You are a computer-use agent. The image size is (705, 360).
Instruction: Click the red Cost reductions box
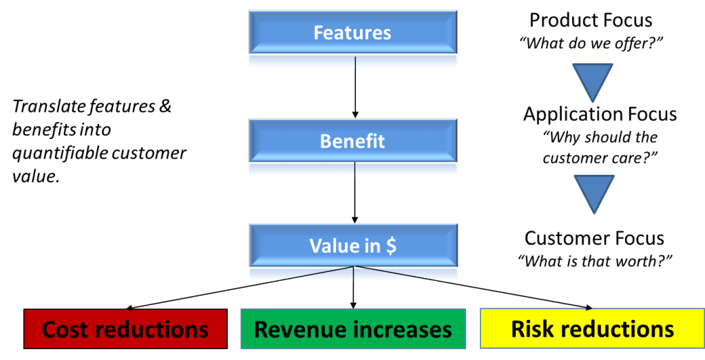pyautogui.click(x=125, y=329)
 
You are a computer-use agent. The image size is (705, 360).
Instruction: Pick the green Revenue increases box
pyautogui.click(x=352, y=329)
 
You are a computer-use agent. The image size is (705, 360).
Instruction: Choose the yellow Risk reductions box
pyautogui.click(x=592, y=329)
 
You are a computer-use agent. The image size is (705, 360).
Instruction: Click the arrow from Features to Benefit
pyautogui.click(x=354, y=89)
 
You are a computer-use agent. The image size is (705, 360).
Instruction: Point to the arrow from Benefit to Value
pyautogui.click(x=354, y=196)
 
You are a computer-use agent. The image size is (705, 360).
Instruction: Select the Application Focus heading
pyautogui.click(x=600, y=114)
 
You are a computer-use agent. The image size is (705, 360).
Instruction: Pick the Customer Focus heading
pyautogui.click(x=594, y=238)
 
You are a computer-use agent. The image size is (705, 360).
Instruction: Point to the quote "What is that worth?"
pyautogui.click(x=594, y=261)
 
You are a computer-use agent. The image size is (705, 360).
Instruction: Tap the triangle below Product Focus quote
pyautogui.click(x=591, y=80)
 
